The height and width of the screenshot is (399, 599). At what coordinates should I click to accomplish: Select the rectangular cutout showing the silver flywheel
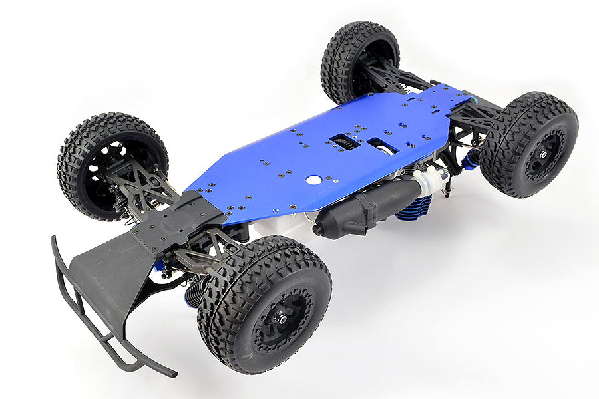coord(382,146)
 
